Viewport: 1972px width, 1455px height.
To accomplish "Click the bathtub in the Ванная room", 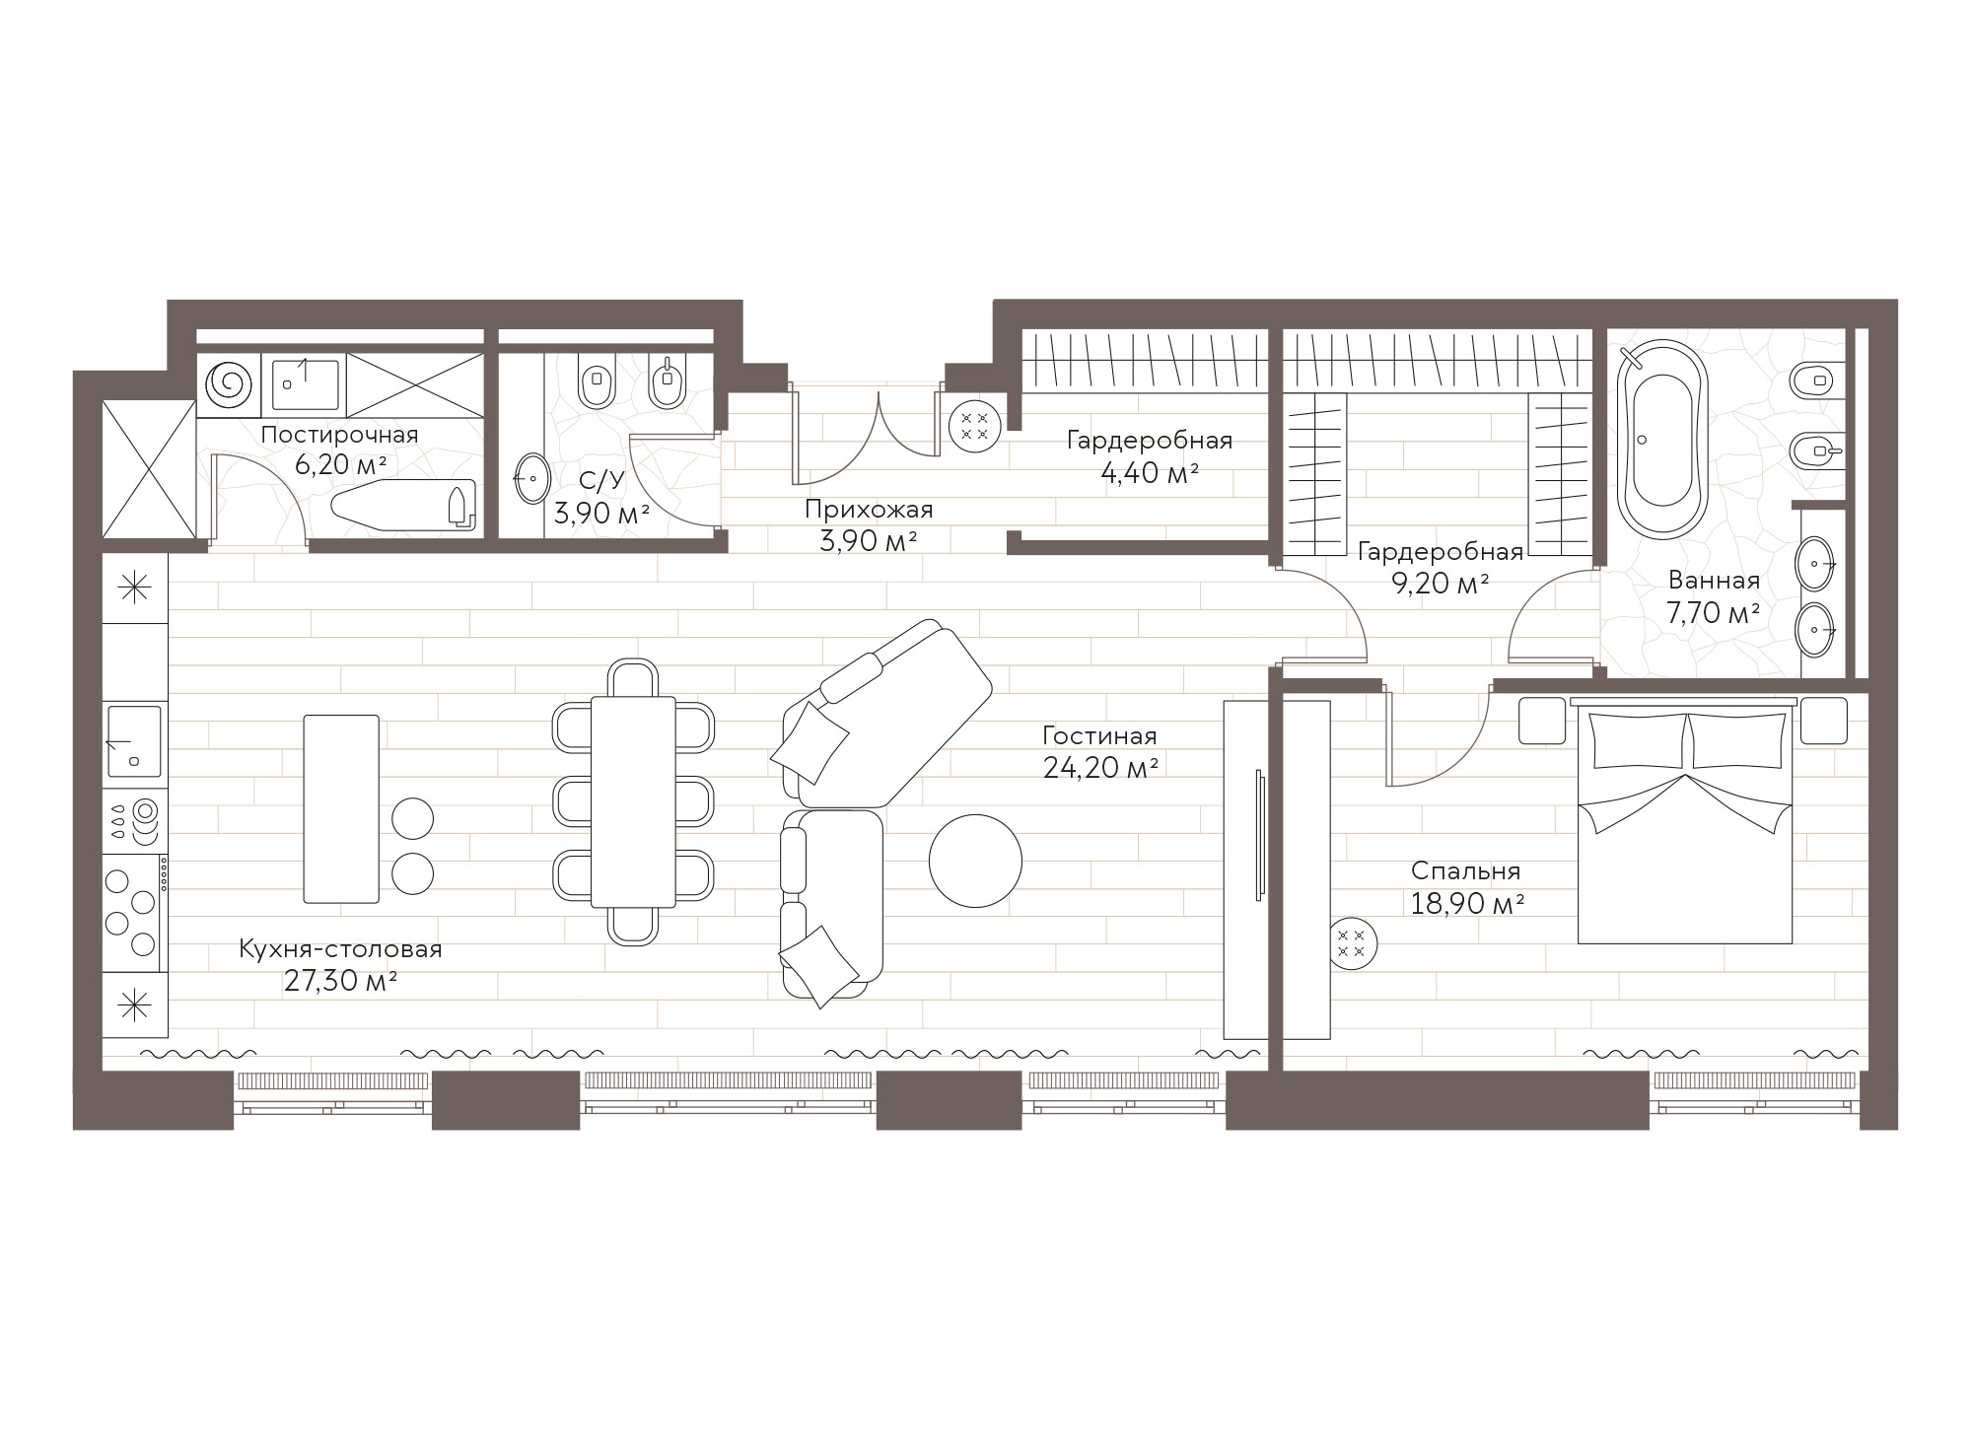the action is click(1663, 439).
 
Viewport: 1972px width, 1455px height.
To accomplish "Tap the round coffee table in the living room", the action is click(975, 861).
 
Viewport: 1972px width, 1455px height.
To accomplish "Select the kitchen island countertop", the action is click(341, 808).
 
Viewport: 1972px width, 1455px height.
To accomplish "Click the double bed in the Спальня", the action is click(1685, 820).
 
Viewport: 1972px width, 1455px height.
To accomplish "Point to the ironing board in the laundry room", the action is click(403, 506).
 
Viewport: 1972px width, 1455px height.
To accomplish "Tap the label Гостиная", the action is click(1099, 735).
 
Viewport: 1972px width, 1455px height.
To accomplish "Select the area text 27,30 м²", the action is click(340, 981).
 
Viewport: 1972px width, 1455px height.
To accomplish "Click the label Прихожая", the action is click(868, 510).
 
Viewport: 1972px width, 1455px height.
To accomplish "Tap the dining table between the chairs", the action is click(633, 801).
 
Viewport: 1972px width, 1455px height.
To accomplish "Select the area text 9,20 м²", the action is click(1440, 584).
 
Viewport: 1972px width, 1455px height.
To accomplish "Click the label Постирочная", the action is click(340, 435).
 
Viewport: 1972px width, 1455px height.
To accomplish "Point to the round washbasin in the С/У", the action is click(533, 480).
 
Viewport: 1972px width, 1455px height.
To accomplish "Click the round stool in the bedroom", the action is click(1353, 942).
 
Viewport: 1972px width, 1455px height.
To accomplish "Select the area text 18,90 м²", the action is click(1467, 903).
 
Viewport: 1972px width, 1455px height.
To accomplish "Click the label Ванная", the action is click(1714, 581).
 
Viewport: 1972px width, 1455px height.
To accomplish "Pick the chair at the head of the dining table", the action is click(633, 678).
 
